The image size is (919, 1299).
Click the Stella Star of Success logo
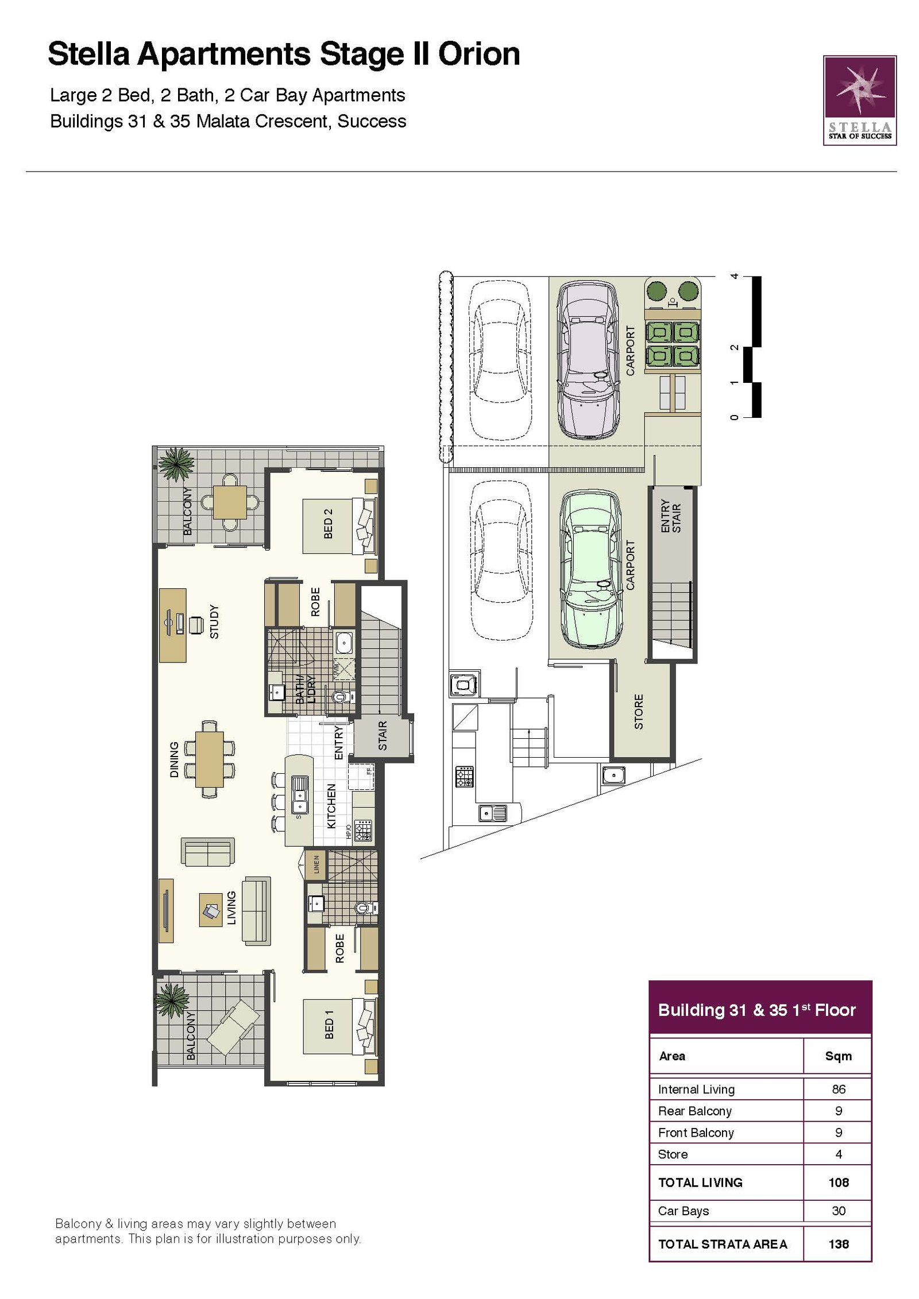[x=859, y=100]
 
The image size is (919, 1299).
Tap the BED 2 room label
[x=329, y=524]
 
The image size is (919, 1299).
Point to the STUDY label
[x=214, y=621]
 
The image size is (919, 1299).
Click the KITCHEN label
[x=331, y=806]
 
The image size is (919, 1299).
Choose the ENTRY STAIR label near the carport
[x=670, y=515]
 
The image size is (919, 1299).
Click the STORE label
[x=639, y=712]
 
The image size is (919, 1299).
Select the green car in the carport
[x=590, y=569]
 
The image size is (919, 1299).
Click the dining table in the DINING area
[x=210, y=759]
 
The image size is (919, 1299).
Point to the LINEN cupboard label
[x=316, y=864]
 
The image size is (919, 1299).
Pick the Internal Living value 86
[x=839, y=1089]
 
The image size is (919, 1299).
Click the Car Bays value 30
[x=839, y=1211]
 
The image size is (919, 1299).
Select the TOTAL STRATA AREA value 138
[x=839, y=1244]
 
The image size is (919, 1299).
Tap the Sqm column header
[x=839, y=1056]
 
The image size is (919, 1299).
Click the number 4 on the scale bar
[x=733, y=276]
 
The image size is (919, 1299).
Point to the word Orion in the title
[x=479, y=54]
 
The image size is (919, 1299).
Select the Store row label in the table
[x=673, y=1154]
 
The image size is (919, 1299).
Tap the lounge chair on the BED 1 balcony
[x=233, y=1027]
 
